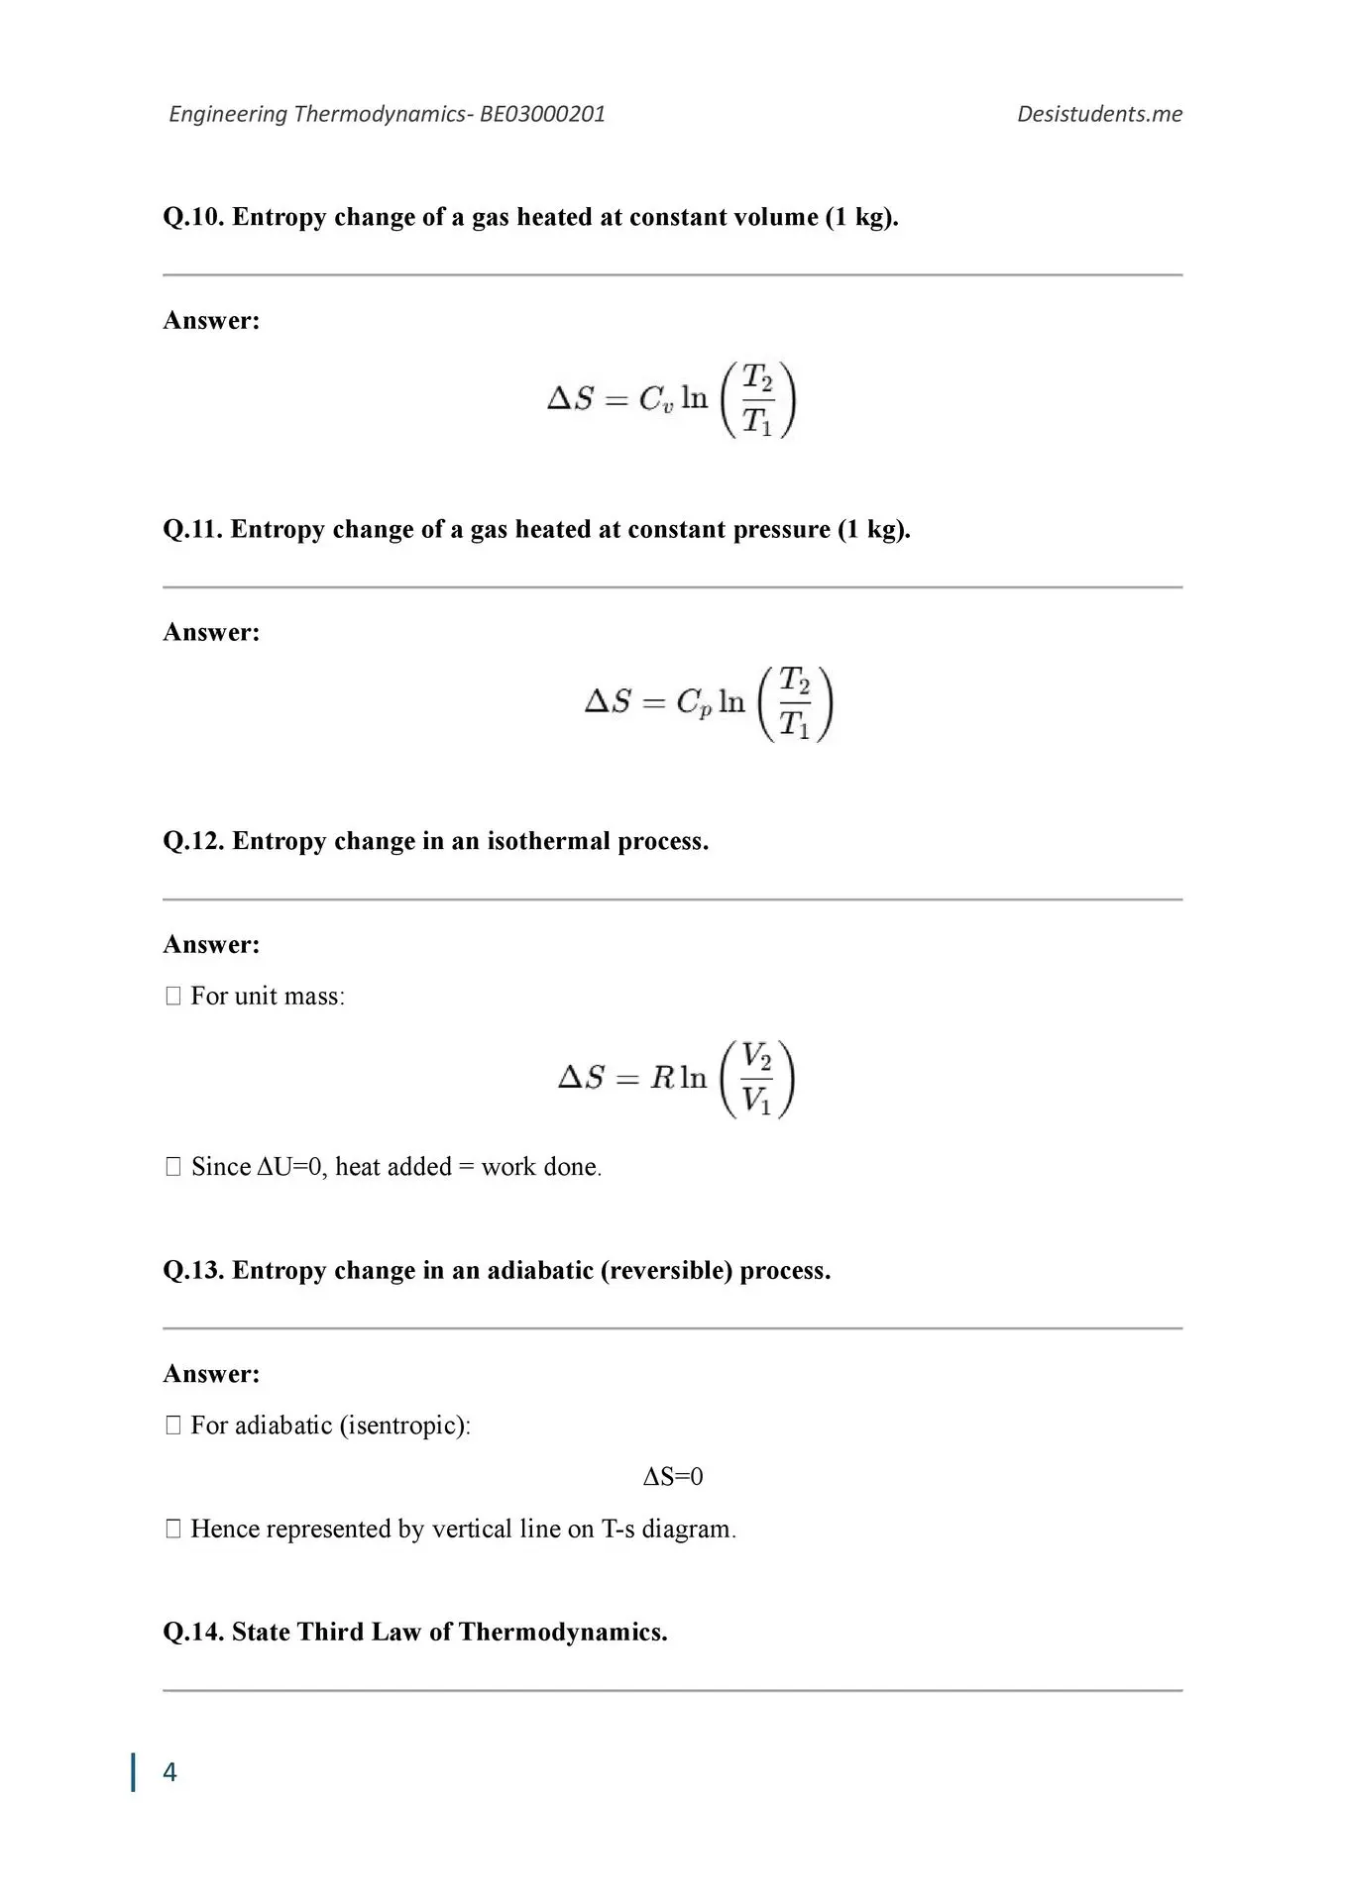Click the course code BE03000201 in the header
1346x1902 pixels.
coord(542,114)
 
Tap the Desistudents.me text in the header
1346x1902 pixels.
coord(1099,114)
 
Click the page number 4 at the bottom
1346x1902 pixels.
coord(169,1772)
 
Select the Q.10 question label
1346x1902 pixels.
coord(193,218)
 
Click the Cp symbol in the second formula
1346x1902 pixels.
coord(694,703)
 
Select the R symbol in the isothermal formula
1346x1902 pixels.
coord(662,1078)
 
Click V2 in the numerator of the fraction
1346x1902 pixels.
coord(757,1057)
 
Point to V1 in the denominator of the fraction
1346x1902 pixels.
coord(756,1100)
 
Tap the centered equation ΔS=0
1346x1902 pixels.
coord(673,1477)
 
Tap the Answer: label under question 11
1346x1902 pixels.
coord(211,633)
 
